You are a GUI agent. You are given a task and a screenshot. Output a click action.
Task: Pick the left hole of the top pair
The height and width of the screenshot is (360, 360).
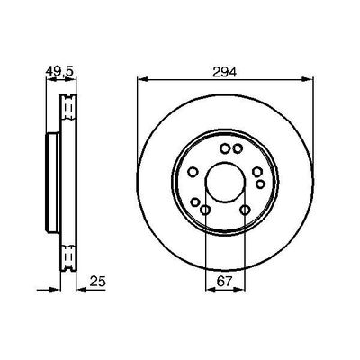tap(225, 149)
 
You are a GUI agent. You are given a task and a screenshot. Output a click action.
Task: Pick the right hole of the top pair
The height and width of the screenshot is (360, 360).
tap(238, 149)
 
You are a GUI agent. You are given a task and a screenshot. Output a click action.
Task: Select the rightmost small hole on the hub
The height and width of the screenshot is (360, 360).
tap(261, 184)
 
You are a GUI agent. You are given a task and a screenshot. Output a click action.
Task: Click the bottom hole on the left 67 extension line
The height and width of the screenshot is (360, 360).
tap(205, 211)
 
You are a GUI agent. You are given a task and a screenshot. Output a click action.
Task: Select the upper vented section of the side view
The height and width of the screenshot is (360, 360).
tap(66, 112)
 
